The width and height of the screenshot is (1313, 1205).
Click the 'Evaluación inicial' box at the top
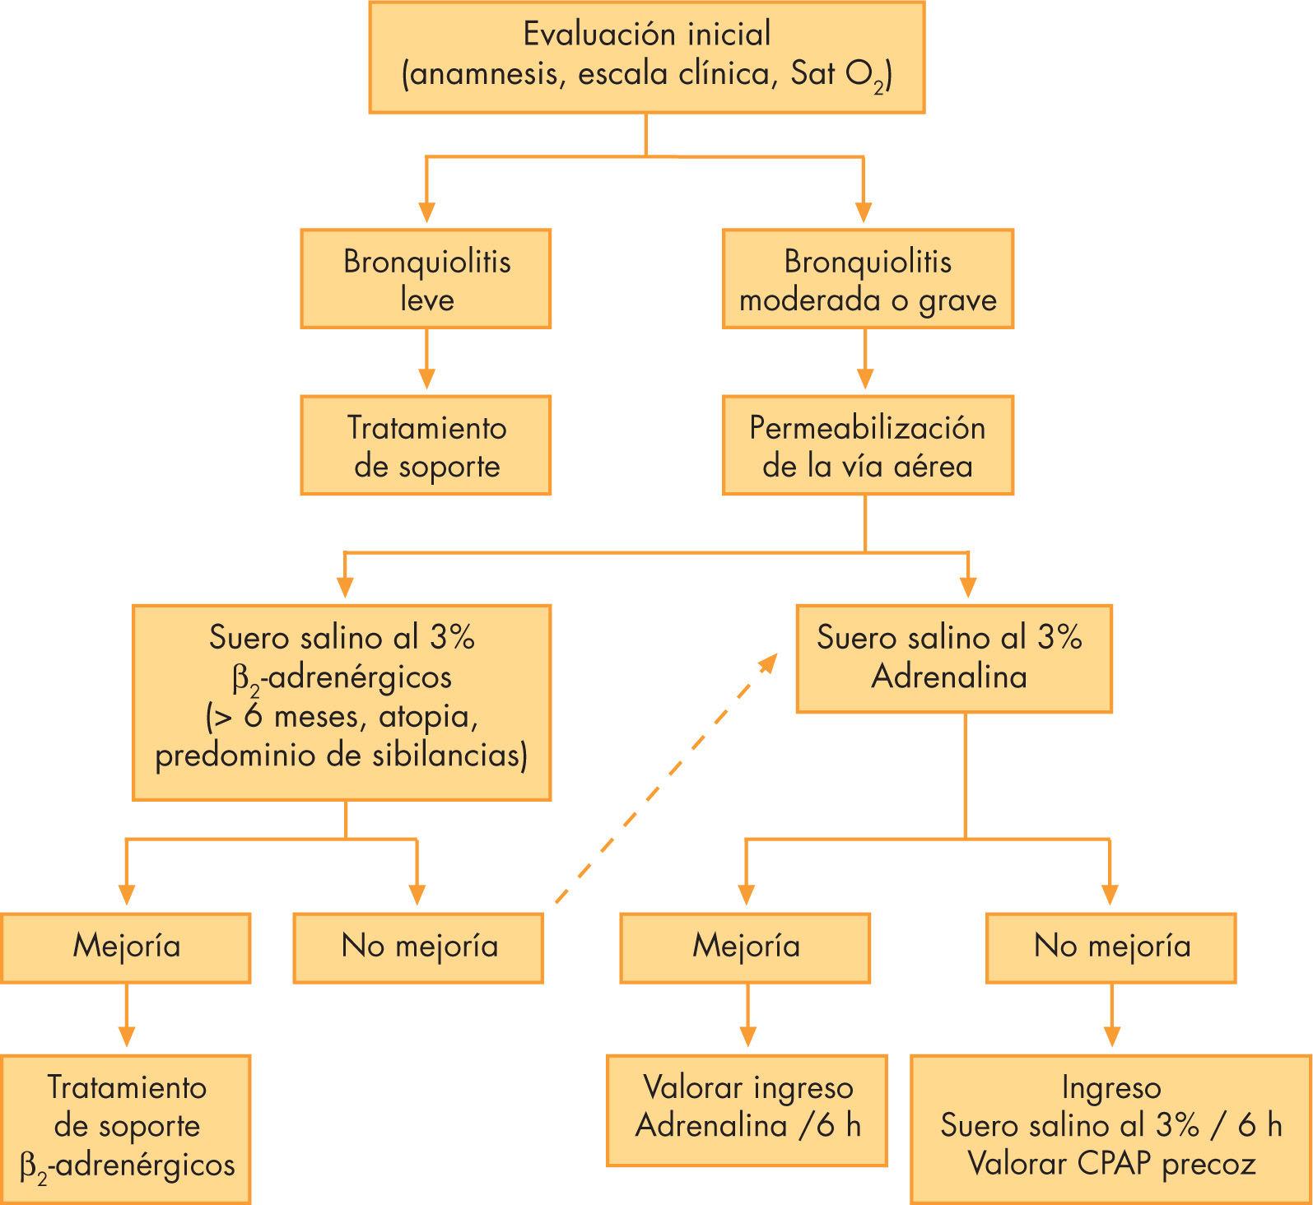click(x=646, y=56)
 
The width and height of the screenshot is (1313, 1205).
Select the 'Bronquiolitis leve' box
click(x=426, y=279)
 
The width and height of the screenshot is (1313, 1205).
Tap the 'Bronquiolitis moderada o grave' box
click(x=868, y=279)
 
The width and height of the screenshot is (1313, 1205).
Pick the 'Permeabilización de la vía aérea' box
click(x=868, y=445)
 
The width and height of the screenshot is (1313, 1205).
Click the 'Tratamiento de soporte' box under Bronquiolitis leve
click(x=426, y=445)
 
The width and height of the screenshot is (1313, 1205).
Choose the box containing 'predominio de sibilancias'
click(x=342, y=702)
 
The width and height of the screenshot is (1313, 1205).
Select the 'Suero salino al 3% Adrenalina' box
click(x=953, y=658)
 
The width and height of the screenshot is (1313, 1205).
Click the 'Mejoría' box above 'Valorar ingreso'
click(x=746, y=947)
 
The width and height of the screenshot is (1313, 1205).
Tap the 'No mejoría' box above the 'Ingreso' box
click(x=1111, y=947)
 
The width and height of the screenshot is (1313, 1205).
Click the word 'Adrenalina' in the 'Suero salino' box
click(x=949, y=677)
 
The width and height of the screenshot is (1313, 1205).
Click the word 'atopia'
click(x=428, y=717)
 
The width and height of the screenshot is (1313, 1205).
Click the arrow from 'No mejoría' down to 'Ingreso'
click(x=1111, y=1017)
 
